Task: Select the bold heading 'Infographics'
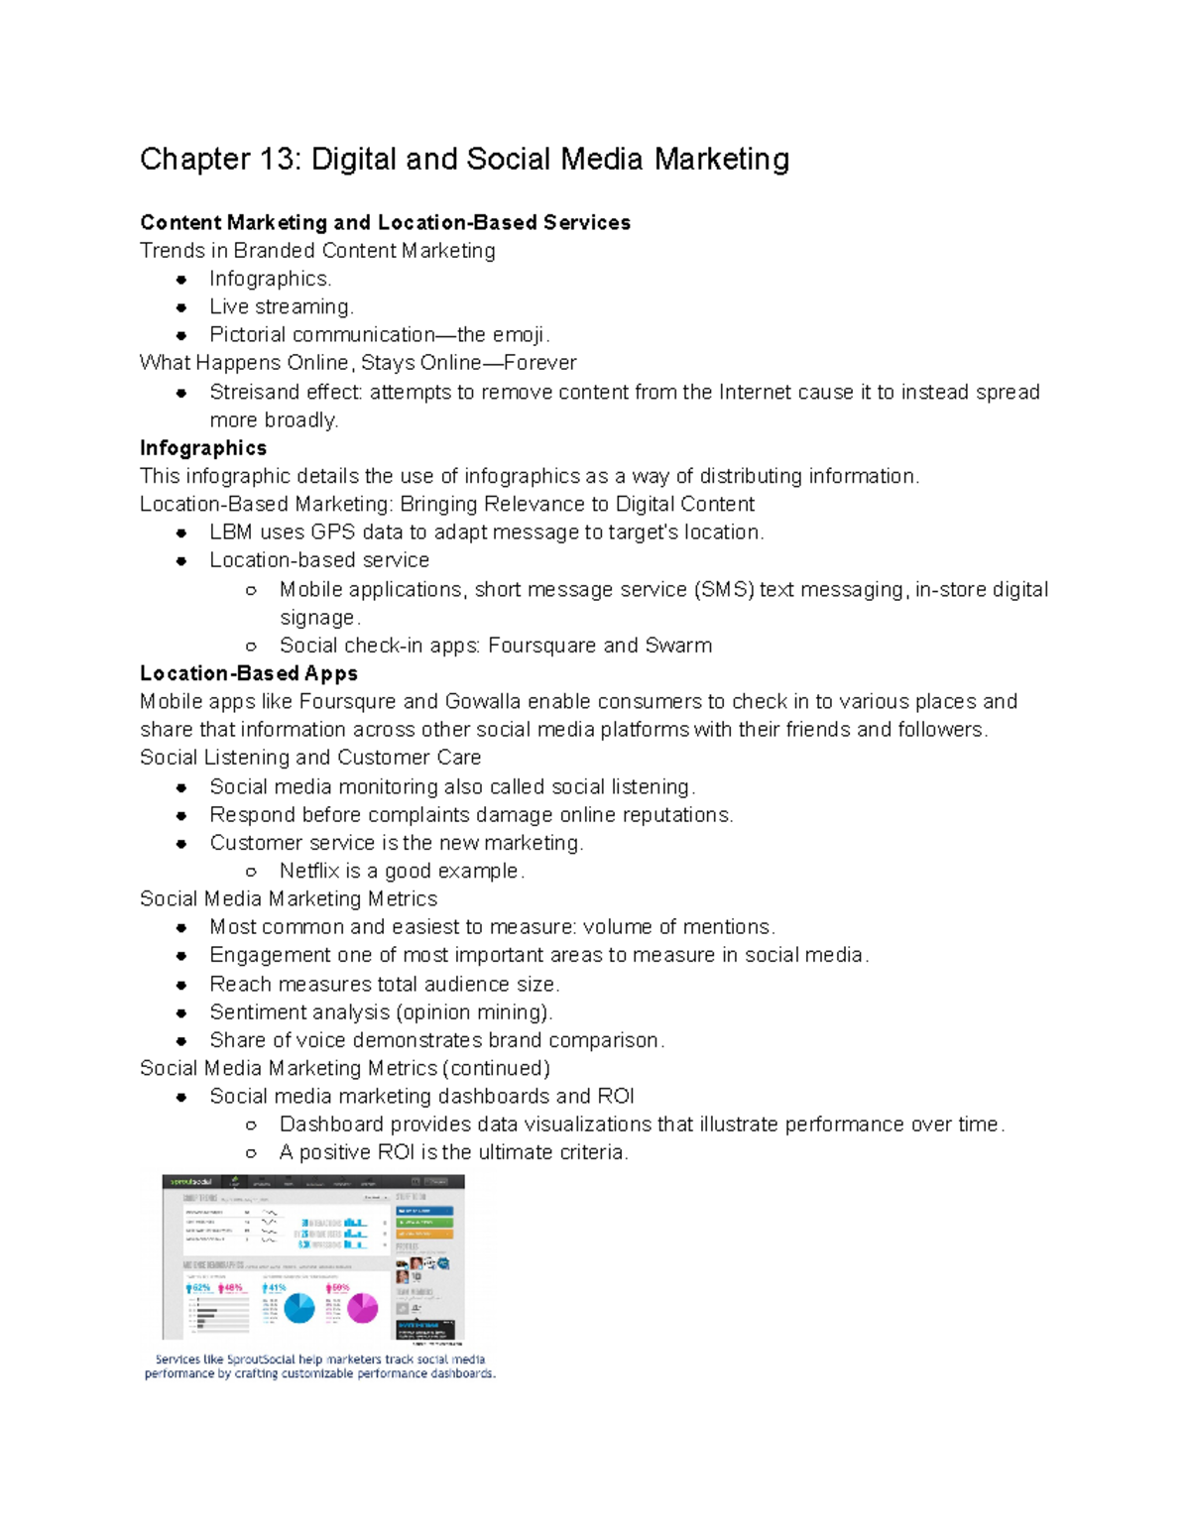[203, 448]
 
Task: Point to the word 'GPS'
[333, 533]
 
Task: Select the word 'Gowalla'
[483, 702]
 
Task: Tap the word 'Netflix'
[309, 871]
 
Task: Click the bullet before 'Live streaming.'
[181, 307]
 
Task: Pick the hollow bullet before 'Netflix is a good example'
[252, 872]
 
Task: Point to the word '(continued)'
[496, 1068]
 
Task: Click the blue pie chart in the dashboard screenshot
[299, 1308]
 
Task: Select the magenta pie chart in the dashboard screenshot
[362, 1308]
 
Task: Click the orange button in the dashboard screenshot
[424, 1234]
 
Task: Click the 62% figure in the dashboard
[200, 1288]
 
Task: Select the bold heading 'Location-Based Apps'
[249, 674]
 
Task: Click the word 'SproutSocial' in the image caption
[261, 1360]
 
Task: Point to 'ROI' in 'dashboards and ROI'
[616, 1097]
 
